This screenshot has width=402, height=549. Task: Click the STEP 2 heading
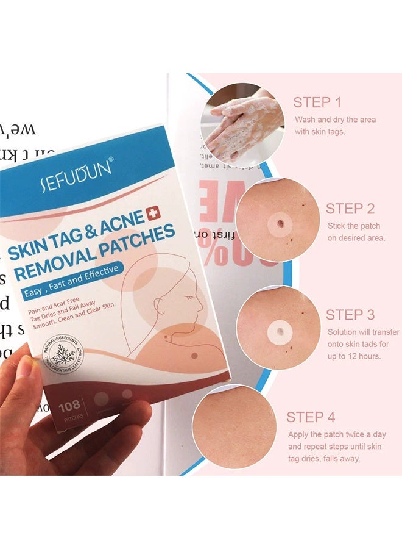[x=350, y=209]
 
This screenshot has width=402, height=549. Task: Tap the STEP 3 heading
[x=350, y=315]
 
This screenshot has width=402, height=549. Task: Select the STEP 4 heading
[x=311, y=417]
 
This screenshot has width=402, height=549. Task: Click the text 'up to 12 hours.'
[x=354, y=356]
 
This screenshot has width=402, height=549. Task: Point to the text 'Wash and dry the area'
[x=335, y=120]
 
